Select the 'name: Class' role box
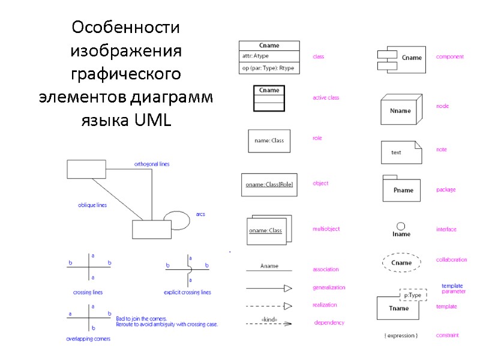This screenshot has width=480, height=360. pyautogui.click(x=269, y=141)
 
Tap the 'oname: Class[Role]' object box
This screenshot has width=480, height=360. pyautogui.click(x=269, y=185)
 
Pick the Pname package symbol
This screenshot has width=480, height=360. pyautogui.click(x=403, y=190)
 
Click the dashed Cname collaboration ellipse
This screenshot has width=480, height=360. pyautogui.click(x=401, y=262)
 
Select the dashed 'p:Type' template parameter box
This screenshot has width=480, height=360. pyautogui.click(x=413, y=295)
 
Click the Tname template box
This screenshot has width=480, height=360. pyautogui.click(x=398, y=308)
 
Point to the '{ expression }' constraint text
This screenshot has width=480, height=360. pyautogui.click(x=401, y=335)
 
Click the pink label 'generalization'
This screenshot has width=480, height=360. pyautogui.click(x=329, y=287)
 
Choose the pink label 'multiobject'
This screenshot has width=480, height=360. pyautogui.click(x=326, y=229)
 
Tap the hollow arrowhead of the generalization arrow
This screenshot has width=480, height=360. pyautogui.click(x=287, y=288)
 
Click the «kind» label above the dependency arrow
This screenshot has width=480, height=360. pyautogui.click(x=269, y=319)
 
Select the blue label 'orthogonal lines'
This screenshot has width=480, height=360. pyautogui.click(x=151, y=164)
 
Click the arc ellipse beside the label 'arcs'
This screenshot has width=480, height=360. pyautogui.click(x=176, y=220)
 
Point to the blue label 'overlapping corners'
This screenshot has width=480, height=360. pyautogui.click(x=88, y=339)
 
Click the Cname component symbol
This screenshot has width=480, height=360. pyautogui.click(x=401, y=58)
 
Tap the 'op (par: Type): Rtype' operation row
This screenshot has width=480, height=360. pyautogui.click(x=269, y=68)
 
